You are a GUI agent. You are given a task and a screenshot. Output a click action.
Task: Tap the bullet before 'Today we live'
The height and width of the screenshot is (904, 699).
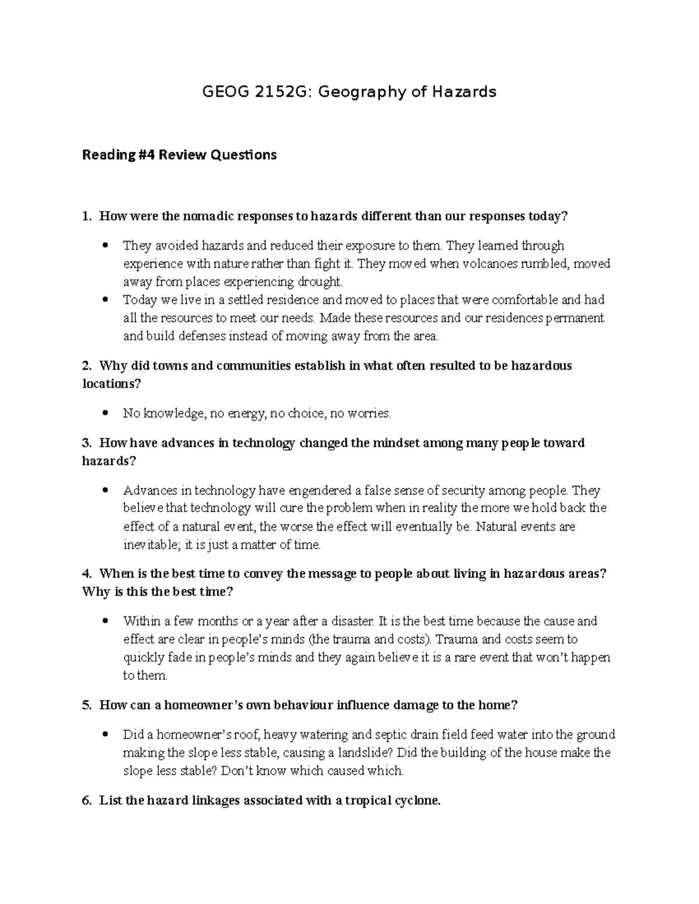(x=105, y=300)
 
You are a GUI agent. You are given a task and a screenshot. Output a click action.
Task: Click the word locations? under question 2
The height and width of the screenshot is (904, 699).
(x=112, y=384)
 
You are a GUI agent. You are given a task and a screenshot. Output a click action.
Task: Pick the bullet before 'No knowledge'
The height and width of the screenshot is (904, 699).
(x=105, y=413)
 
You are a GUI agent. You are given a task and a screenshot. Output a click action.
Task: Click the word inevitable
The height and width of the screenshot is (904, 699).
(x=147, y=545)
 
